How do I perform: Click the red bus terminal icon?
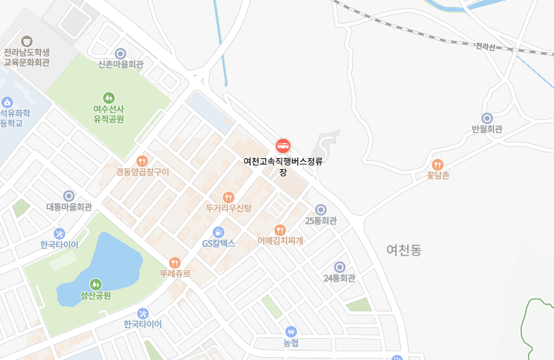coord(283,145)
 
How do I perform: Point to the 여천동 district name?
coord(404,250)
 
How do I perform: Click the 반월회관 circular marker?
coord(487,118)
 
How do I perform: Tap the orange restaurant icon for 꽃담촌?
coord(437,165)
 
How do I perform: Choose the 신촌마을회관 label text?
coord(121,65)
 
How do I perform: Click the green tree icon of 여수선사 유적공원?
coord(109,97)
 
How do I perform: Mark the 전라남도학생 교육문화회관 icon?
coord(27,41)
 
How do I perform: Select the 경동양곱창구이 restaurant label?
coord(142,172)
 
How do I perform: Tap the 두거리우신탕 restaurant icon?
coord(229,197)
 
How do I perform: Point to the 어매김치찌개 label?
coord(280,240)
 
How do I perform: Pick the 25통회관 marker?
coord(320,210)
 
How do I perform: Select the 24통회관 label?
coord(339,278)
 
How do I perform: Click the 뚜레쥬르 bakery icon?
coord(174,262)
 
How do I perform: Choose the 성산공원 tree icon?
coord(95,284)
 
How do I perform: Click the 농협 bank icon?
coord(291,331)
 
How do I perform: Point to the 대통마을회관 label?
coord(69,207)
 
